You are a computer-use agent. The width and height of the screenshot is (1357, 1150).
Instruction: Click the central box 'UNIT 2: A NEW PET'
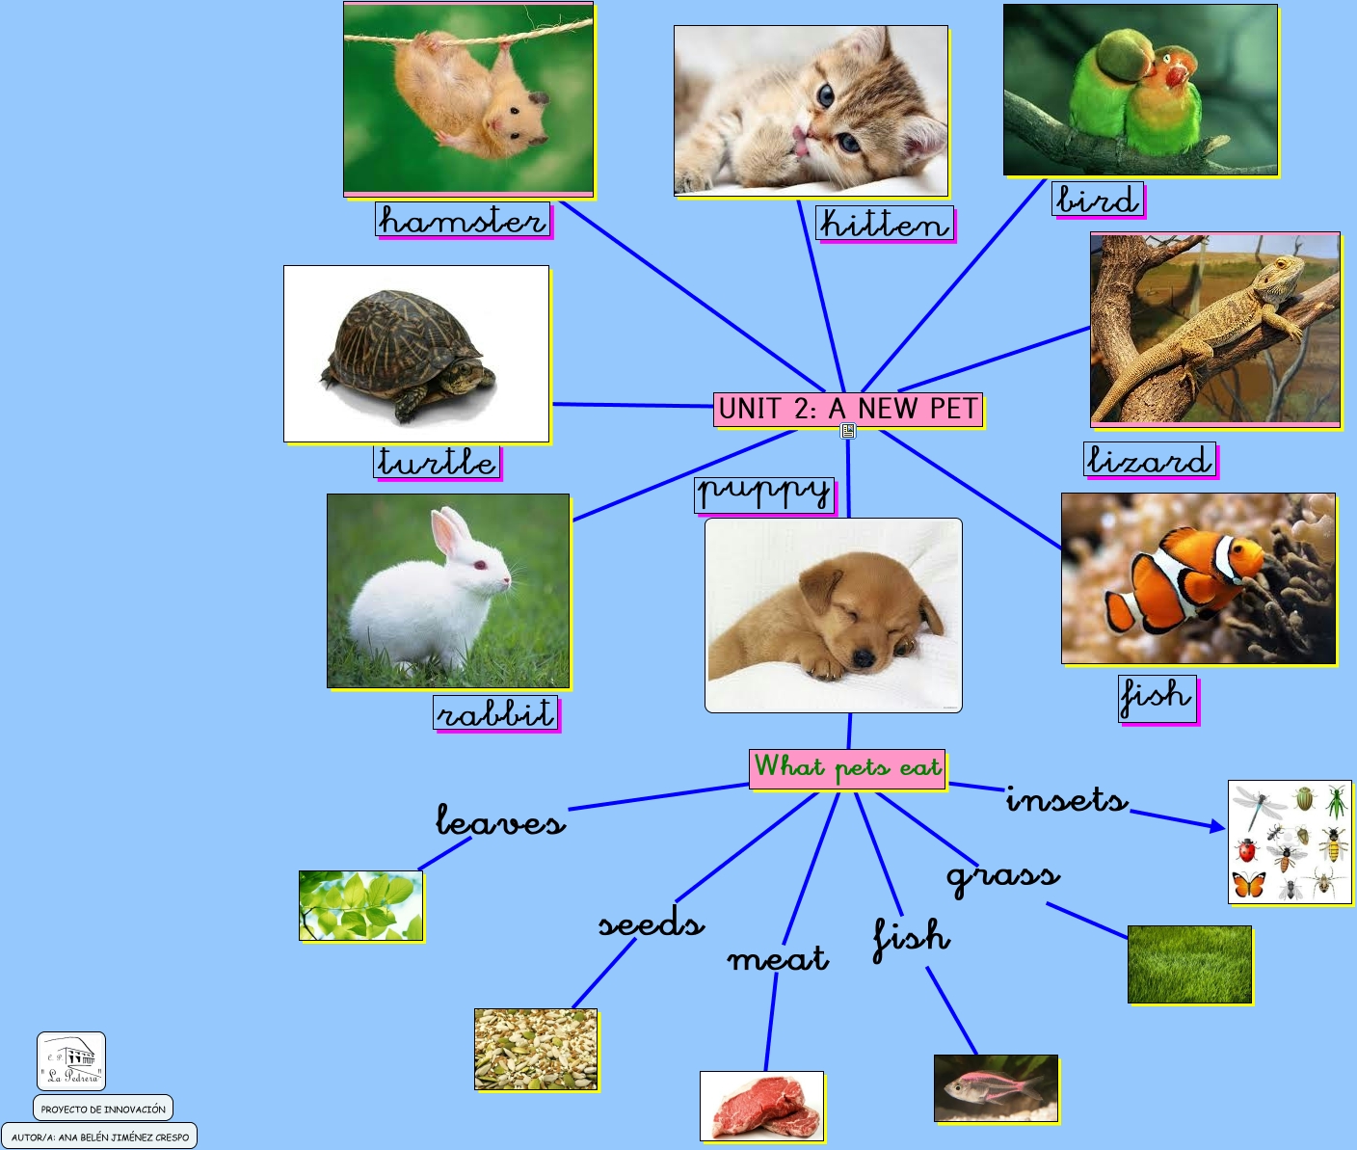(x=848, y=409)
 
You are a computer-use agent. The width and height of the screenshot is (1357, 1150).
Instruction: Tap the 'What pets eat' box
(x=847, y=768)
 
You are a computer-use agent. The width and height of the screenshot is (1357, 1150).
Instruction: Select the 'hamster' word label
(x=463, y=220)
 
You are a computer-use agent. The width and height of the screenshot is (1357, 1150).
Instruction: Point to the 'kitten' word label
(x=884, y=224)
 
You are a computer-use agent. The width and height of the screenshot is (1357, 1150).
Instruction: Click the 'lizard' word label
(x=1149, y=460)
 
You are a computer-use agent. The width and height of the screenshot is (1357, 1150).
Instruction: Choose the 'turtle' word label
(x=437, y=461)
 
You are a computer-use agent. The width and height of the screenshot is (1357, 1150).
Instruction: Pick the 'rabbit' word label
(x=495, y=713)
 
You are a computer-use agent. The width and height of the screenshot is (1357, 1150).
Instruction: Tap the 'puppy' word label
(x=765, y=494)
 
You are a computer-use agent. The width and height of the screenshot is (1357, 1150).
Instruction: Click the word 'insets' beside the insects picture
(x=1066, y=799)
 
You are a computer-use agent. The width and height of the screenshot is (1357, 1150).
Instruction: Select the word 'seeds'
(x=652, y=923)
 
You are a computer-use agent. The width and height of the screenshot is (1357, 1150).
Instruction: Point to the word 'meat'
(x=778, y=958)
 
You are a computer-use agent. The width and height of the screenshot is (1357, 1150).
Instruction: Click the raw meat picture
(x=762, y=1106)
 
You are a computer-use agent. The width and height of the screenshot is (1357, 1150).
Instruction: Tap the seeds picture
(x=536, y=1050)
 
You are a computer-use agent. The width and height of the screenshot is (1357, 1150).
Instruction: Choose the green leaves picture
(x=360, y=905)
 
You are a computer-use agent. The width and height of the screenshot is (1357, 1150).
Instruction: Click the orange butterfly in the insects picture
(x=1249, y=884)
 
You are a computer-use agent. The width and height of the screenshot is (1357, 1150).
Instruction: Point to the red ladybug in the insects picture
(x=1248, y=850)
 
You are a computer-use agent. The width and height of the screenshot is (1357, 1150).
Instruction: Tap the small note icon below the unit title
(x=848, y=431)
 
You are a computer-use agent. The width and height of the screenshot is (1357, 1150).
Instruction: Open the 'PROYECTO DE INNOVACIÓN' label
(x=103, y=1109)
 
